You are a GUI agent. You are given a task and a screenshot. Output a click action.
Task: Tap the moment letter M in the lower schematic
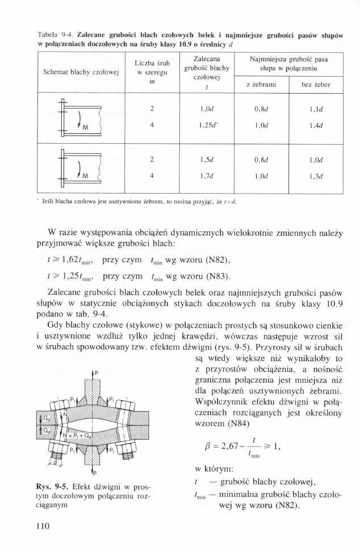pos(85,175)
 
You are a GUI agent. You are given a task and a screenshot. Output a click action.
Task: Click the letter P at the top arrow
pos(96,373)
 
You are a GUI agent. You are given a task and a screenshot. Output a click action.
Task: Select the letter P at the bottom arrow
pos(96,472)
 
